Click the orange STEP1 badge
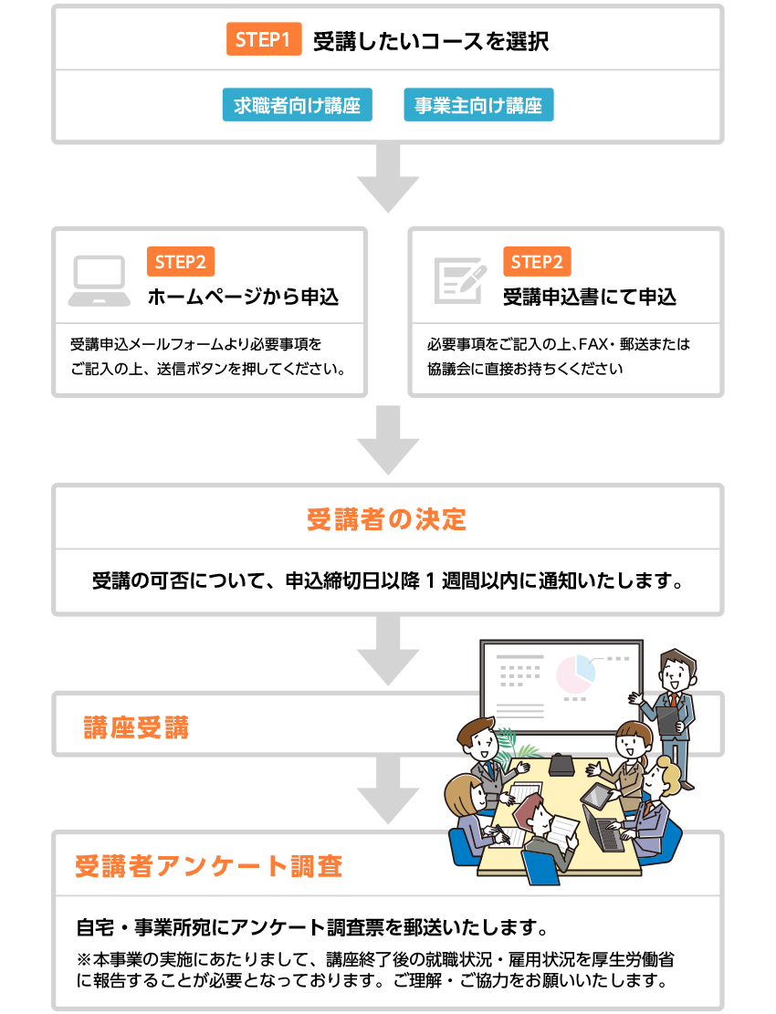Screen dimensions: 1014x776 (x=263, y=41)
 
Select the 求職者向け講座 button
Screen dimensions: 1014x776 (x=297, y=106)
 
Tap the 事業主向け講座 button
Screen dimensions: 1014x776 (x=478, y=106)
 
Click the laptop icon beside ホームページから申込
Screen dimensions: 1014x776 (x=99, y=281)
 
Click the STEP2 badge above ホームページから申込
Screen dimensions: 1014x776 (x=180, y=262)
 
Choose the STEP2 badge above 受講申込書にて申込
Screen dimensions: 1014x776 (x=537, y=262)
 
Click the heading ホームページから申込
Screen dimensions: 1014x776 (x=243, y=298)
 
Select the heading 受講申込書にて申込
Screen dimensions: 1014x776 (x=590, y=298)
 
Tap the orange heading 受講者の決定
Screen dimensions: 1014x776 (x=387, y=520)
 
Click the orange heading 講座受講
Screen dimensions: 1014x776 (x=136, y=727)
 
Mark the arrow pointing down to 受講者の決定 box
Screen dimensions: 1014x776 (x=388, y=440)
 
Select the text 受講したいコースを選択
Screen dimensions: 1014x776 (x=431, y=41)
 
